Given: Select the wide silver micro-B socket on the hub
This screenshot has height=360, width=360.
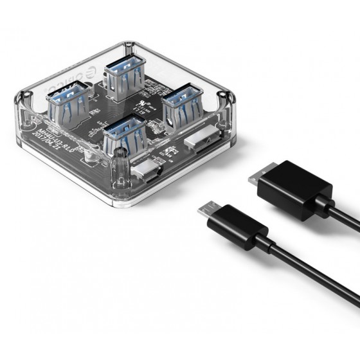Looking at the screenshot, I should pyautogui.click(x=199, y=143).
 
